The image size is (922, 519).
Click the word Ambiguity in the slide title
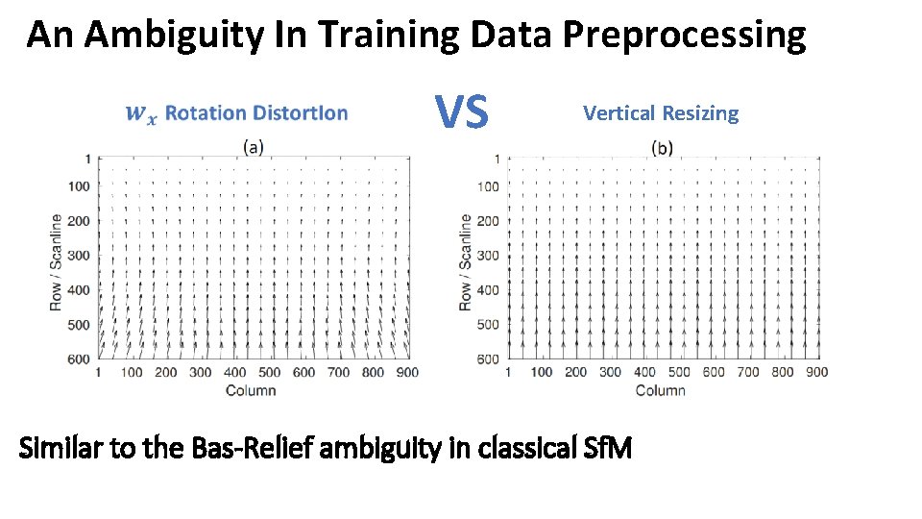pos(160,36)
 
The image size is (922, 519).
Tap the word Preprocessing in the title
pos(684,36)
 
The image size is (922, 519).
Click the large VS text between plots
pos(462,112)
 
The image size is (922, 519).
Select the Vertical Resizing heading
pos(661,113)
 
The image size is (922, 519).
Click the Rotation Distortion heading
pos(256,113)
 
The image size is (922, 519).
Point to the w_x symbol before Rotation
pos(139,114)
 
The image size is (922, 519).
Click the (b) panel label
pos(662,147)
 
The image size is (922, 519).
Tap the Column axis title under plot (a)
pos(251,390)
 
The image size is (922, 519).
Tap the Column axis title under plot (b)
pos(660,390)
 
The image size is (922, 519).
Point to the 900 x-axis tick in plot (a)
pos(406,373)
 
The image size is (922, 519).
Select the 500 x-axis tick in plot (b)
pos(679,372)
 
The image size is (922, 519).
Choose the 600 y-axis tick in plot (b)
pos(488,358)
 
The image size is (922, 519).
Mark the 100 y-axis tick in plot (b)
pos(488,186)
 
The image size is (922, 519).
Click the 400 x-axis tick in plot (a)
pos(235,373)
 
